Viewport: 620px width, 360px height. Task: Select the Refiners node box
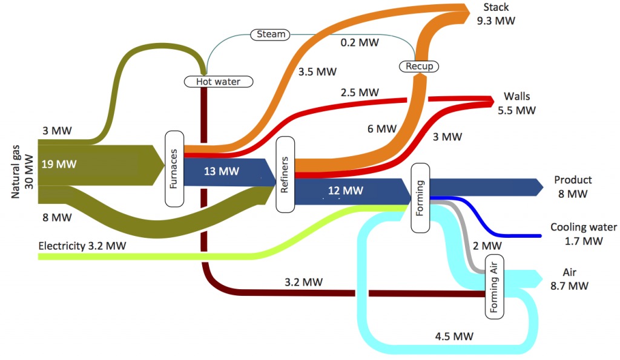(285, 174)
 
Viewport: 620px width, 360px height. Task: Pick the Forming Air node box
(494, 286)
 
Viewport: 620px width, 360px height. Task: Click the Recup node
(419, 65)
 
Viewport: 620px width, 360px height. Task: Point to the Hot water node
(217, 81)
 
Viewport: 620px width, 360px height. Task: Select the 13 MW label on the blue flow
(222, 171)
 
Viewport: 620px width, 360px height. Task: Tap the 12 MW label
(346, 191)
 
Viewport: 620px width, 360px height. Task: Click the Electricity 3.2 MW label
(83, 246)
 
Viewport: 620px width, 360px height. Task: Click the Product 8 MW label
(573, 186)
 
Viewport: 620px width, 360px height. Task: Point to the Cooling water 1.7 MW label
(584, 234)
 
